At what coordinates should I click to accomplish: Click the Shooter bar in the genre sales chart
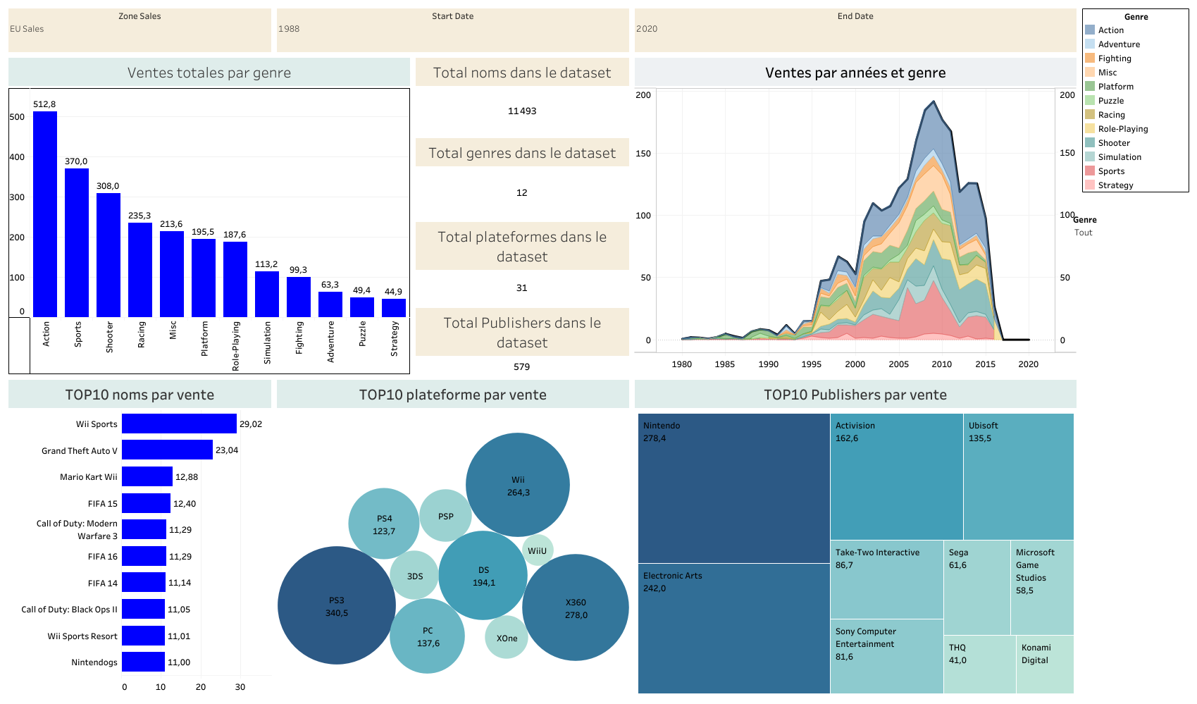coord(108,255)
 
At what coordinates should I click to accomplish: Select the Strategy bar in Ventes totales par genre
coord(393,308)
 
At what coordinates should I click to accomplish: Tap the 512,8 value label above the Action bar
coord(44,104)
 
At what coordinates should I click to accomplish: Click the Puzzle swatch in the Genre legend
coord(1090,101)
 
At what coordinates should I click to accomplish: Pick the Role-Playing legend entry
coord(1117,129)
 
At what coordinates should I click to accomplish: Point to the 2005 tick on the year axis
coord(898,364)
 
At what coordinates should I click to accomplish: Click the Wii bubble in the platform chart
coord(517,485)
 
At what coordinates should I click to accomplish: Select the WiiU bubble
coord(537,550)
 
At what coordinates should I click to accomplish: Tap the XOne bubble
coord(506,637)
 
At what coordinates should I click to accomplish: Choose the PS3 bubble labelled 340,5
coord(337,605)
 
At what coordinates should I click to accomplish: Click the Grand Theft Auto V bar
coord(167,450)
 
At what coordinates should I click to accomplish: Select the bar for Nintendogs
coord(143,662)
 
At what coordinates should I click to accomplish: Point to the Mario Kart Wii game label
coord(88,477)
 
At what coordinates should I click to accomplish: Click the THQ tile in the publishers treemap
coord(979,665)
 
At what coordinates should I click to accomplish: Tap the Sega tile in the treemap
coord(977,588)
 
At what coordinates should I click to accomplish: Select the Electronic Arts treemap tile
coord(733,629)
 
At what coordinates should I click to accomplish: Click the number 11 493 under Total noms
coord(522,111)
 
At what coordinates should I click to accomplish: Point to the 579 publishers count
coord(521,366)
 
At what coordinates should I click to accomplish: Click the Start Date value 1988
coord(289,29)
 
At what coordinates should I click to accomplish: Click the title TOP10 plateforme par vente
coord(452,395)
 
